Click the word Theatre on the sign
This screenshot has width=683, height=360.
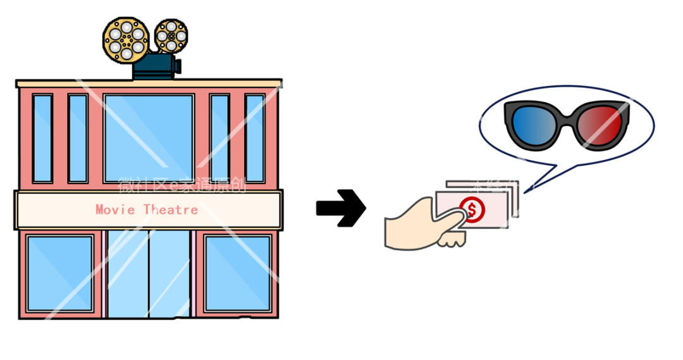(171, 209)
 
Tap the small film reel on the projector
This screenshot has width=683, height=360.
(171, 36)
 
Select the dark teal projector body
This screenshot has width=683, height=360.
(154, 66)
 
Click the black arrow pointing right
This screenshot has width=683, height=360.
(341, 208)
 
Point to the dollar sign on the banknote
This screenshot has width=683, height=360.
(471, 209)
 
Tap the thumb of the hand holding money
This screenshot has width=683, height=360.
(450, 218)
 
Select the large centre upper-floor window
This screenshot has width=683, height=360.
(149, 138)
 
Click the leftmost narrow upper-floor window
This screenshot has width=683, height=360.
(42, 138)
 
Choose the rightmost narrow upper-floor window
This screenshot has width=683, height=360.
(255, 138)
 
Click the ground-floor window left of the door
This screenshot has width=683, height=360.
(59, 273)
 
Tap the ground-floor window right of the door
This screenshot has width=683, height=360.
(237, 273)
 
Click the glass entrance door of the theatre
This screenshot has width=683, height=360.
(149, 273)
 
